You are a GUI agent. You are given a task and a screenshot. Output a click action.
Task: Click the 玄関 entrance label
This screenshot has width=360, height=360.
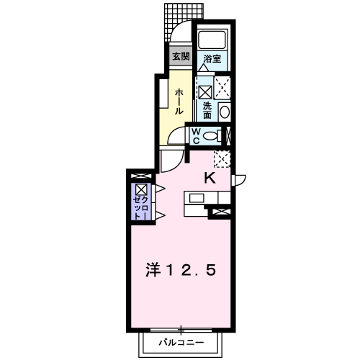(181, 57)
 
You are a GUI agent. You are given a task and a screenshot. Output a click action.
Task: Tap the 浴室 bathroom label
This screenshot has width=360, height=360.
(212, 58)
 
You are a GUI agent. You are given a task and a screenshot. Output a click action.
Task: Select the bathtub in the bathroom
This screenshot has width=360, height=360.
(212, 39)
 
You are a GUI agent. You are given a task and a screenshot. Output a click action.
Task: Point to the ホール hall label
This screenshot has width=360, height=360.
(179, 101)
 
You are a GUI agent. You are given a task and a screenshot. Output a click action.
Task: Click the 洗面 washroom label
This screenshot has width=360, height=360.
(207, 110)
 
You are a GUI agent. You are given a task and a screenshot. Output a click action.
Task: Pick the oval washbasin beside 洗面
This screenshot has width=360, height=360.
(225, 112)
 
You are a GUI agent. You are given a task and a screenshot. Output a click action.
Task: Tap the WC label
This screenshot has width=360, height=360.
(197, 136)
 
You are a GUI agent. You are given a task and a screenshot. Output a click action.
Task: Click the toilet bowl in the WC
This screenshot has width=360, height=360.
(210, 136)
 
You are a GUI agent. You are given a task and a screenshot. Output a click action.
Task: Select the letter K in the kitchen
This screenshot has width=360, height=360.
(210, 178)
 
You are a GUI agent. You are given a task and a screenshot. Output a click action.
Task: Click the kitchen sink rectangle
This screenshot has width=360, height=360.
(197, 198)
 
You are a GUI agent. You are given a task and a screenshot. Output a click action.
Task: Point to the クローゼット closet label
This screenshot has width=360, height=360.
(140, 208)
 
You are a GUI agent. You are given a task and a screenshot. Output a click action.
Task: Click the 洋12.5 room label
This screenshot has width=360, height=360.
(181, 270)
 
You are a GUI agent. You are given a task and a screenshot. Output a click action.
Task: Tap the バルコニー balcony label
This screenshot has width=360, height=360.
(181, 343)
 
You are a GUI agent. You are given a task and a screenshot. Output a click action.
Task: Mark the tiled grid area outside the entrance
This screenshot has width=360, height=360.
(184, 22)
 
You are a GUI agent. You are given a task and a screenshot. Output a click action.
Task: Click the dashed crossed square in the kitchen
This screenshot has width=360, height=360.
(222, 159)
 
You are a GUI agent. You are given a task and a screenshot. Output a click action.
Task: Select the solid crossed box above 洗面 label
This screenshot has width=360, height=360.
(205, 92)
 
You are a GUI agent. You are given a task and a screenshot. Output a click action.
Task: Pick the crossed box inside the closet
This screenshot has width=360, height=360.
(140, 189)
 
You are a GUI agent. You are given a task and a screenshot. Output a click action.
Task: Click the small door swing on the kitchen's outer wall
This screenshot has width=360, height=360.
(239, 180)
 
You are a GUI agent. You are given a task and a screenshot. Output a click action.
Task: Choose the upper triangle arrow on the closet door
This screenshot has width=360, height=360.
(160, 189)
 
